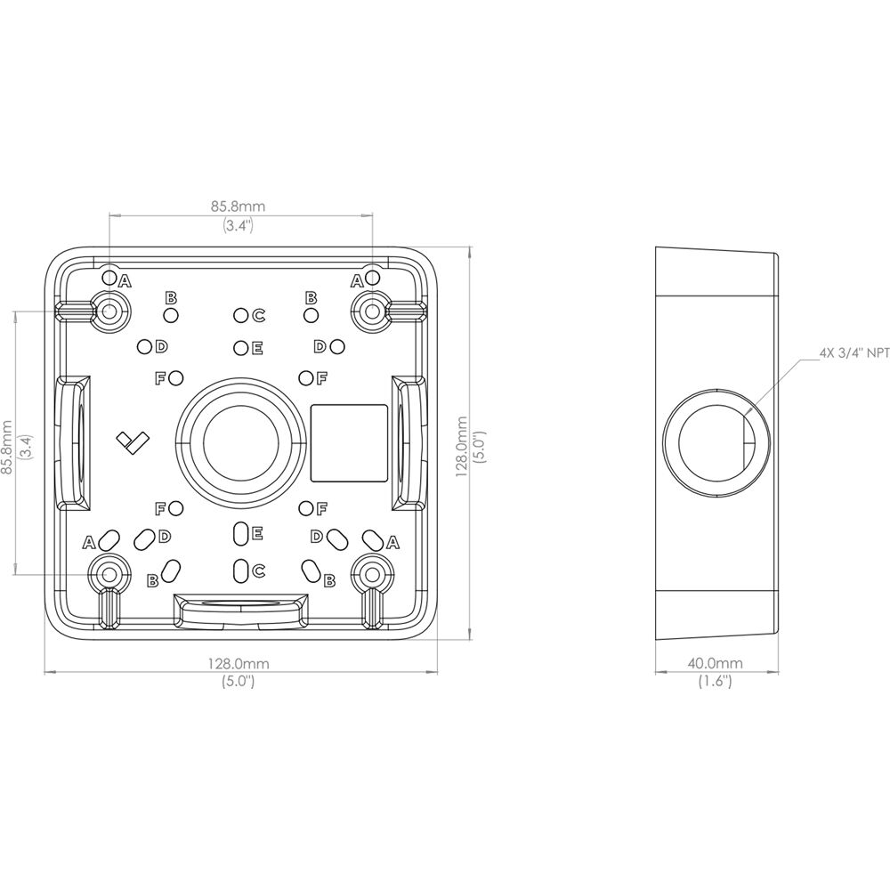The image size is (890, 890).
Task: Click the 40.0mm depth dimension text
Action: tap(715, 663)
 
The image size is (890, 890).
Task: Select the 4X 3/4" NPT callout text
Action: tap(854, 353)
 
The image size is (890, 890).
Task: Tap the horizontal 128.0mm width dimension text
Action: tap(238, 663)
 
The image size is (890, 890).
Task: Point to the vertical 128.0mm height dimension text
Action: tap(463, 446)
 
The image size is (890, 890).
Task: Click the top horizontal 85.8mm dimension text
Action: tap(239, 206)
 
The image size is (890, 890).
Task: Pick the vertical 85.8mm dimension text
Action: tap(7, 447)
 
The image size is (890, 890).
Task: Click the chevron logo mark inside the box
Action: tap(133, 442)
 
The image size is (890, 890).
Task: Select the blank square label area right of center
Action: tap(349, 442)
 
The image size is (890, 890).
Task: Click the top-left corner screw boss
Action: tap(110, 311)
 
